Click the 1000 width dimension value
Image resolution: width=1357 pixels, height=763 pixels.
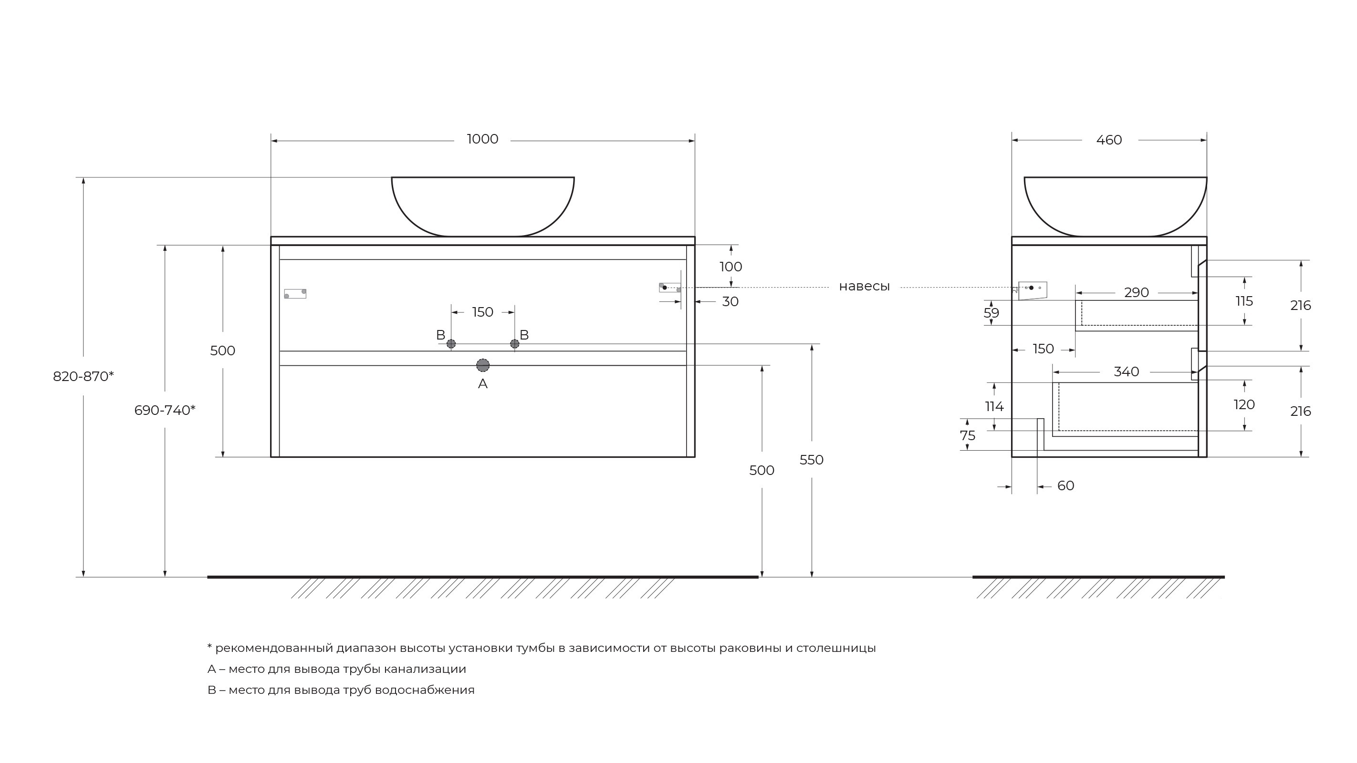click(x=482, y=139)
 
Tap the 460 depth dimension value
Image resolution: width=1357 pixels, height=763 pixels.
click(x=1109, y=140)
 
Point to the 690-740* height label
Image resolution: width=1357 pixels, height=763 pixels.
click(x=165, y=410)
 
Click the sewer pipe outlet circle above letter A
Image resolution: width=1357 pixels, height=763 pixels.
click(x=482, y=365)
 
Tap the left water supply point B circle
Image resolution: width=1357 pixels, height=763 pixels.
click(x=451, y=344)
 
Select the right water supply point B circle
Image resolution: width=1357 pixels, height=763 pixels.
click(x=515, y=344)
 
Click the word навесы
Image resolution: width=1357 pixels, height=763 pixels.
click(x=864, y=287)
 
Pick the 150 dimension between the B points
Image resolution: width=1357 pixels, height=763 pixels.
click(x=482, y=312)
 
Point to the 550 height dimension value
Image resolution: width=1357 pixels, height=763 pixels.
click(x=811, y=460)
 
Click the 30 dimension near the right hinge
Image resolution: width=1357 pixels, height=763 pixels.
click(x=730, y=302)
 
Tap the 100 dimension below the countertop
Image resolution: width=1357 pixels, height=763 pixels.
click(x=731, y=267)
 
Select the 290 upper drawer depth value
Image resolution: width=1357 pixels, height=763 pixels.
click(x=1136, y=293)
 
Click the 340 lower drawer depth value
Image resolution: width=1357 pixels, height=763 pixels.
click(x=1126, y=372)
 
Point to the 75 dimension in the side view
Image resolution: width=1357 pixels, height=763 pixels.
click(x=968, y=436)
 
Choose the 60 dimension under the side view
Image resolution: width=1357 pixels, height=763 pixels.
click(x=1065, y=486)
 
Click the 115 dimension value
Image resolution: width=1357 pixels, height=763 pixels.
click(x=1244, y=301)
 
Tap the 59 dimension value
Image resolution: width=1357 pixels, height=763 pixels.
click(x=992, y=313)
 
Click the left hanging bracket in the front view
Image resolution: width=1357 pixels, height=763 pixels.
click(x=295, y=294)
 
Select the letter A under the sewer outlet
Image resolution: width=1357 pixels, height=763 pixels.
click(x=482, y=384)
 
